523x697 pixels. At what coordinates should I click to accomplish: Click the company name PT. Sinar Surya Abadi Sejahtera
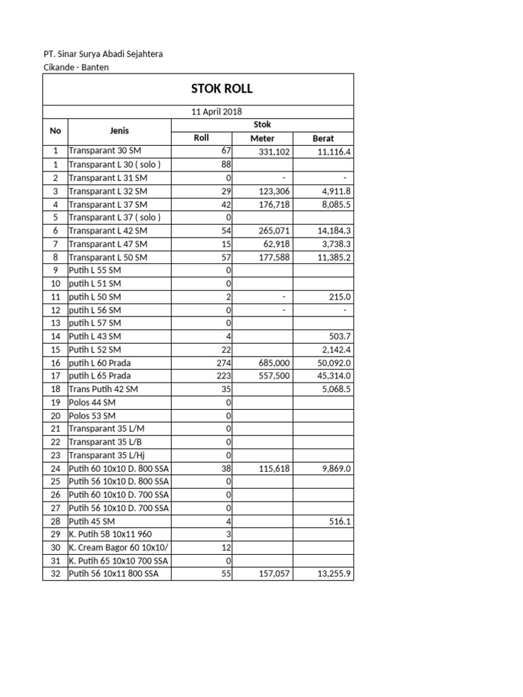point(102,54)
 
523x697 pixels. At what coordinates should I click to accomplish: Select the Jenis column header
point(119,131)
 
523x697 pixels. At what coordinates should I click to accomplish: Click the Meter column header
point(262,138)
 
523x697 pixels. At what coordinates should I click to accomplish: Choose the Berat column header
point(323,138)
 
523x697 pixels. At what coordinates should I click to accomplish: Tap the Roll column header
point(201,138)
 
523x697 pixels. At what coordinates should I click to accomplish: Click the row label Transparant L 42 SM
point(108,231)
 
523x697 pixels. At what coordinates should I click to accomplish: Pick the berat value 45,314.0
point(334,376)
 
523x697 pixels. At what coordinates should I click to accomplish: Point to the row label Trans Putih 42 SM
point(104,389)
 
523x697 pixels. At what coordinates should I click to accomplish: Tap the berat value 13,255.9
point(334,574)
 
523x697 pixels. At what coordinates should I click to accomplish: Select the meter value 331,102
point(273,152)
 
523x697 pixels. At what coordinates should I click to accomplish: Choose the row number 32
point(55,574)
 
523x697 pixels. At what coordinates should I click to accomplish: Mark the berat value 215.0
point(339,297)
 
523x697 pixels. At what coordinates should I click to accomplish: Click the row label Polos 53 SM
point(92,415)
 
